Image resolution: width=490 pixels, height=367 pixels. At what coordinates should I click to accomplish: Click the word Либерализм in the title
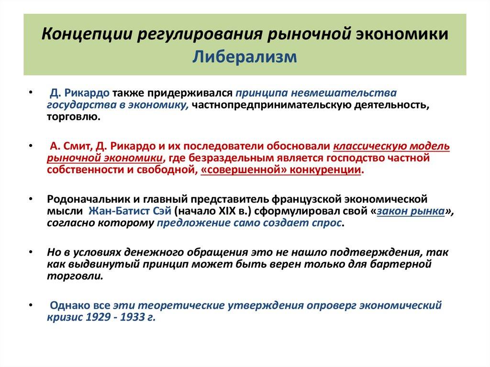(245, 57)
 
